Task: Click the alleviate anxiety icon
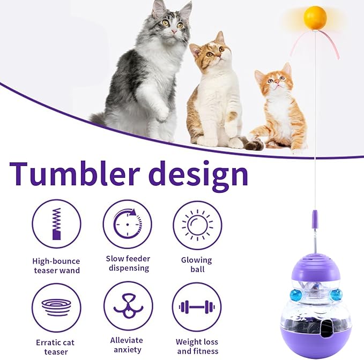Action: click(128, 306)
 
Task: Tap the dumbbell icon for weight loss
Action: click(197, 307)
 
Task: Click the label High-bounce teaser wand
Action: click(56, 265)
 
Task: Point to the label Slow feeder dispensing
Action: click(128, 263)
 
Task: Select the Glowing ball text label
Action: click(197, 265)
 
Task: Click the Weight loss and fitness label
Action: click(197, 346)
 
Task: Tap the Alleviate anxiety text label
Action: click(127, 344)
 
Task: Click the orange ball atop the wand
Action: click(315, 18)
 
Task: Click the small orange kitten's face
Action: click(275, 82)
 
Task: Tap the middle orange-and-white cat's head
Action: click(214, 52)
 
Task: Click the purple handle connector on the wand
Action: click(315, 219)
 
